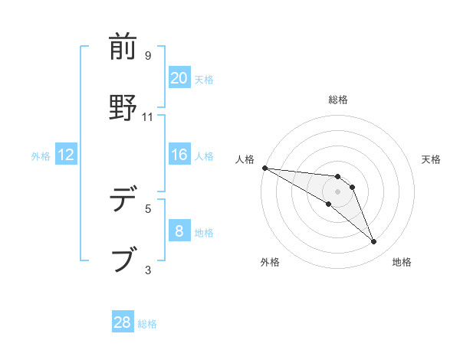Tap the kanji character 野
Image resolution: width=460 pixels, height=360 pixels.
click(x=123, y=108)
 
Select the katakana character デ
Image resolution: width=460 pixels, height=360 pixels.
click(x=123, y=201)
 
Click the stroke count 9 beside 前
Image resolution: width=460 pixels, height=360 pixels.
click(x=148, y=56)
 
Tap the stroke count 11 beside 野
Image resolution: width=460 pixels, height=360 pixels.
click(x=148, y=116)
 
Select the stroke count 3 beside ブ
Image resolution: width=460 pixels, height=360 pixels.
click(x=148, y=269)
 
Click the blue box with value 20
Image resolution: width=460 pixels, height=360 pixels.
click(x=179, y=78)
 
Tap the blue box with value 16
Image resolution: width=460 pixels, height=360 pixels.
click(x=179, y=155)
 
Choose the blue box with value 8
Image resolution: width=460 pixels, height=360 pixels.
click(x=179, y=231)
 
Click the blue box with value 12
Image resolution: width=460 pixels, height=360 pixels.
click(x=65, y=155)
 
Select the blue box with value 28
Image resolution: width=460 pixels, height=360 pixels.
click(x=123, y=322)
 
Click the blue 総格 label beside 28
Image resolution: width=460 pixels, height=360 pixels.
click(x=147, y=324)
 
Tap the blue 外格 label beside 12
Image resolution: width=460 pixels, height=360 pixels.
click(x=41, y=156)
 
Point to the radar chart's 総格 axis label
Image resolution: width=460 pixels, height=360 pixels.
click(x=338, y=100)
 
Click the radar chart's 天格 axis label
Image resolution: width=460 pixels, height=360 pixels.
click(x=431, y=159)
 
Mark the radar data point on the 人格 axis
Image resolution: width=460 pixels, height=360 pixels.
click(x=264, y=167)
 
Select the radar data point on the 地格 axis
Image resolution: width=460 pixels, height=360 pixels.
click(x=374, y=242)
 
